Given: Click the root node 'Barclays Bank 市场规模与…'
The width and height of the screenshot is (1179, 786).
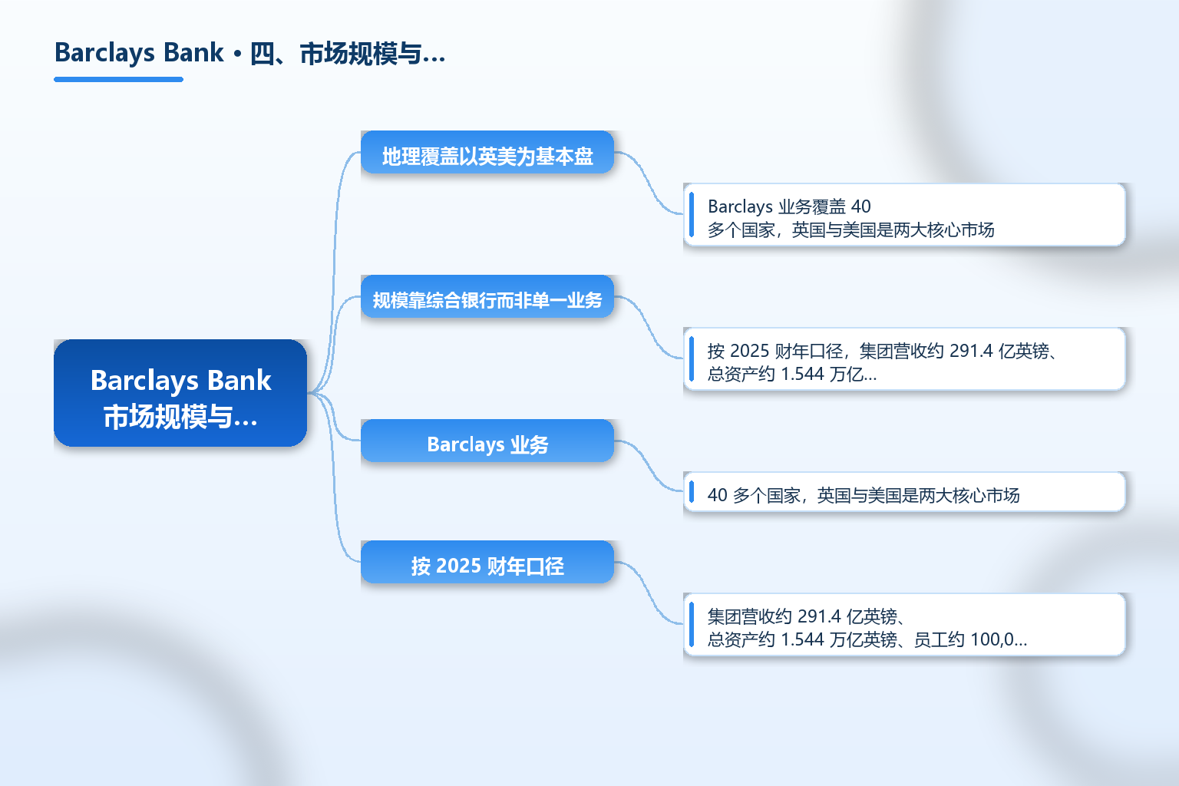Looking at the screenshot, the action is [x=180, y=393].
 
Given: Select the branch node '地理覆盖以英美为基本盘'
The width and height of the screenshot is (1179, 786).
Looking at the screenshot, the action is [x=487, y=152].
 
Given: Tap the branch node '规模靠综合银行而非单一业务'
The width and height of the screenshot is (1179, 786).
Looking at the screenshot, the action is [x=487, y=296].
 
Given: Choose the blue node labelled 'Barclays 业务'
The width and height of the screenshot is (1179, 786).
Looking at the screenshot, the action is [x=487, y=441].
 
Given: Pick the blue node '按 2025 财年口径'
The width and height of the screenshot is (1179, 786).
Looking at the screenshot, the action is [x=487, y=562].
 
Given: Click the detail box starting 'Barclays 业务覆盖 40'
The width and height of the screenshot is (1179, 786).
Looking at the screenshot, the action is [x=904, y=215].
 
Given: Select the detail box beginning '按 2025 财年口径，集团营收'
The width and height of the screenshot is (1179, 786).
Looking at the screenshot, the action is [x=904, y=359].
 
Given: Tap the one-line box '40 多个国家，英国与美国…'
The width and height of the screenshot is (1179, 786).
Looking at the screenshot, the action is [x=904, y=492].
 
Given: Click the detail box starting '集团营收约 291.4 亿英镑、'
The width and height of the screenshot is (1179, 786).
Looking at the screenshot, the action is [x=904, y=624].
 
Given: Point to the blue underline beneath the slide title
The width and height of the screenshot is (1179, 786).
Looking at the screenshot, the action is [x=118, y=80].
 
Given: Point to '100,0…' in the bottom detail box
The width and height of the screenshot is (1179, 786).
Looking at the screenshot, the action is [x=999, y=639].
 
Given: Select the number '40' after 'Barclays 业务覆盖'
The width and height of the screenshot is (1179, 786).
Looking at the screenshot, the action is [x=861, y=206].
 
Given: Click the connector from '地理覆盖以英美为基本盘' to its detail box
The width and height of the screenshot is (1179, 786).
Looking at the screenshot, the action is [x=649, y=183].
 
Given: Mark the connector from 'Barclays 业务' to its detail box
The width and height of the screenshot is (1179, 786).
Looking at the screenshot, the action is [x=649, y=466].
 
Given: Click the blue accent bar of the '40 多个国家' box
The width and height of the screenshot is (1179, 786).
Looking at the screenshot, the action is [x=692, y=492].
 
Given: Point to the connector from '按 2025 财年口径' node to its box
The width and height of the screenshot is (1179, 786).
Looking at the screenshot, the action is [x=649, y=593].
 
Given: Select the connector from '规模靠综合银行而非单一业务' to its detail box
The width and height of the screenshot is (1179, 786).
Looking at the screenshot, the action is [x=649, y=327].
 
